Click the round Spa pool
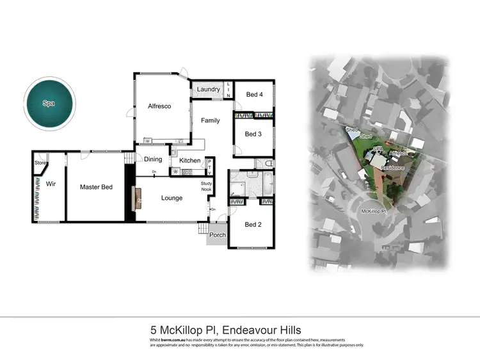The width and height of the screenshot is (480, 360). (49, 102)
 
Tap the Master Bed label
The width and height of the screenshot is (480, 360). (96, 187)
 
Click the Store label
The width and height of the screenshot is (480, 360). (40, 163)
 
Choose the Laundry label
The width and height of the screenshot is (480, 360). (208, 90)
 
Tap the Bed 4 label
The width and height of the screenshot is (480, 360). (254, 95)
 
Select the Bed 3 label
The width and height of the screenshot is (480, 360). (254, 134)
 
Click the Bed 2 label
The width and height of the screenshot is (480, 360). (253, 224)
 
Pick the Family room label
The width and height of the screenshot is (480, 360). (210, 120)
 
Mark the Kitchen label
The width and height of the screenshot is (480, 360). (190, 160)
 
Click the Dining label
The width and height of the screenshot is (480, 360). (153, 160)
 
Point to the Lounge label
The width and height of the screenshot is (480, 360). (171, 198)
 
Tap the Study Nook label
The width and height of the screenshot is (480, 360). (207, 186)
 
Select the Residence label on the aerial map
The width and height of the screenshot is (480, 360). (393, 168)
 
